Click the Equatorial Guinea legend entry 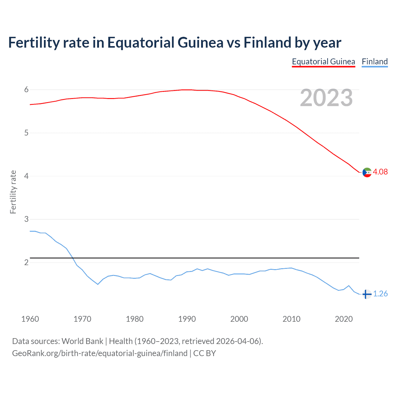point(323,62)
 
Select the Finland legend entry point(375,62)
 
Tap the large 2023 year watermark point(326,98)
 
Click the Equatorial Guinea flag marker point(367,172)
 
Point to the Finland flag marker point(367,294)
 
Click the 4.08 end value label point(380,172)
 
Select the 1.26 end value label point(380,294)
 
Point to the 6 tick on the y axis point(26,90)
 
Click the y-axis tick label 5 point(26,133)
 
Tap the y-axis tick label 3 point(26,219)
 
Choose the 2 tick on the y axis point(26,263)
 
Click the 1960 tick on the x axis point(30,319)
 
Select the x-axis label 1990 point(187,319)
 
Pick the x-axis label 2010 point(291,319)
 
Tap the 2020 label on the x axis point(344,319)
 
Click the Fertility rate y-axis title point(13,192)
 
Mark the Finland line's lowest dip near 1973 point(98,284)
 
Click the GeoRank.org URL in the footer point(100,353)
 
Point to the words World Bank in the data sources point(82,341)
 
